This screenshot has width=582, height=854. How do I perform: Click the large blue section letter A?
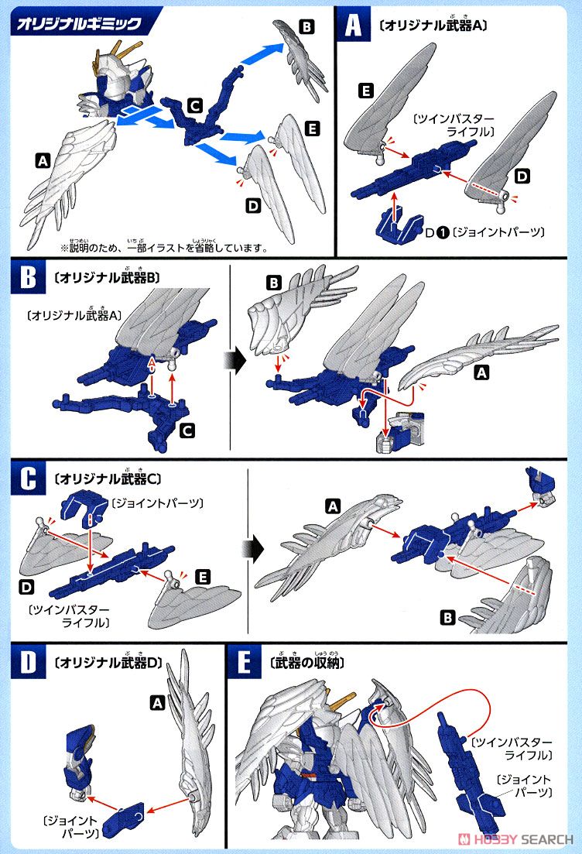353,26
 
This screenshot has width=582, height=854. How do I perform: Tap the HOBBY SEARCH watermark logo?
515,839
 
